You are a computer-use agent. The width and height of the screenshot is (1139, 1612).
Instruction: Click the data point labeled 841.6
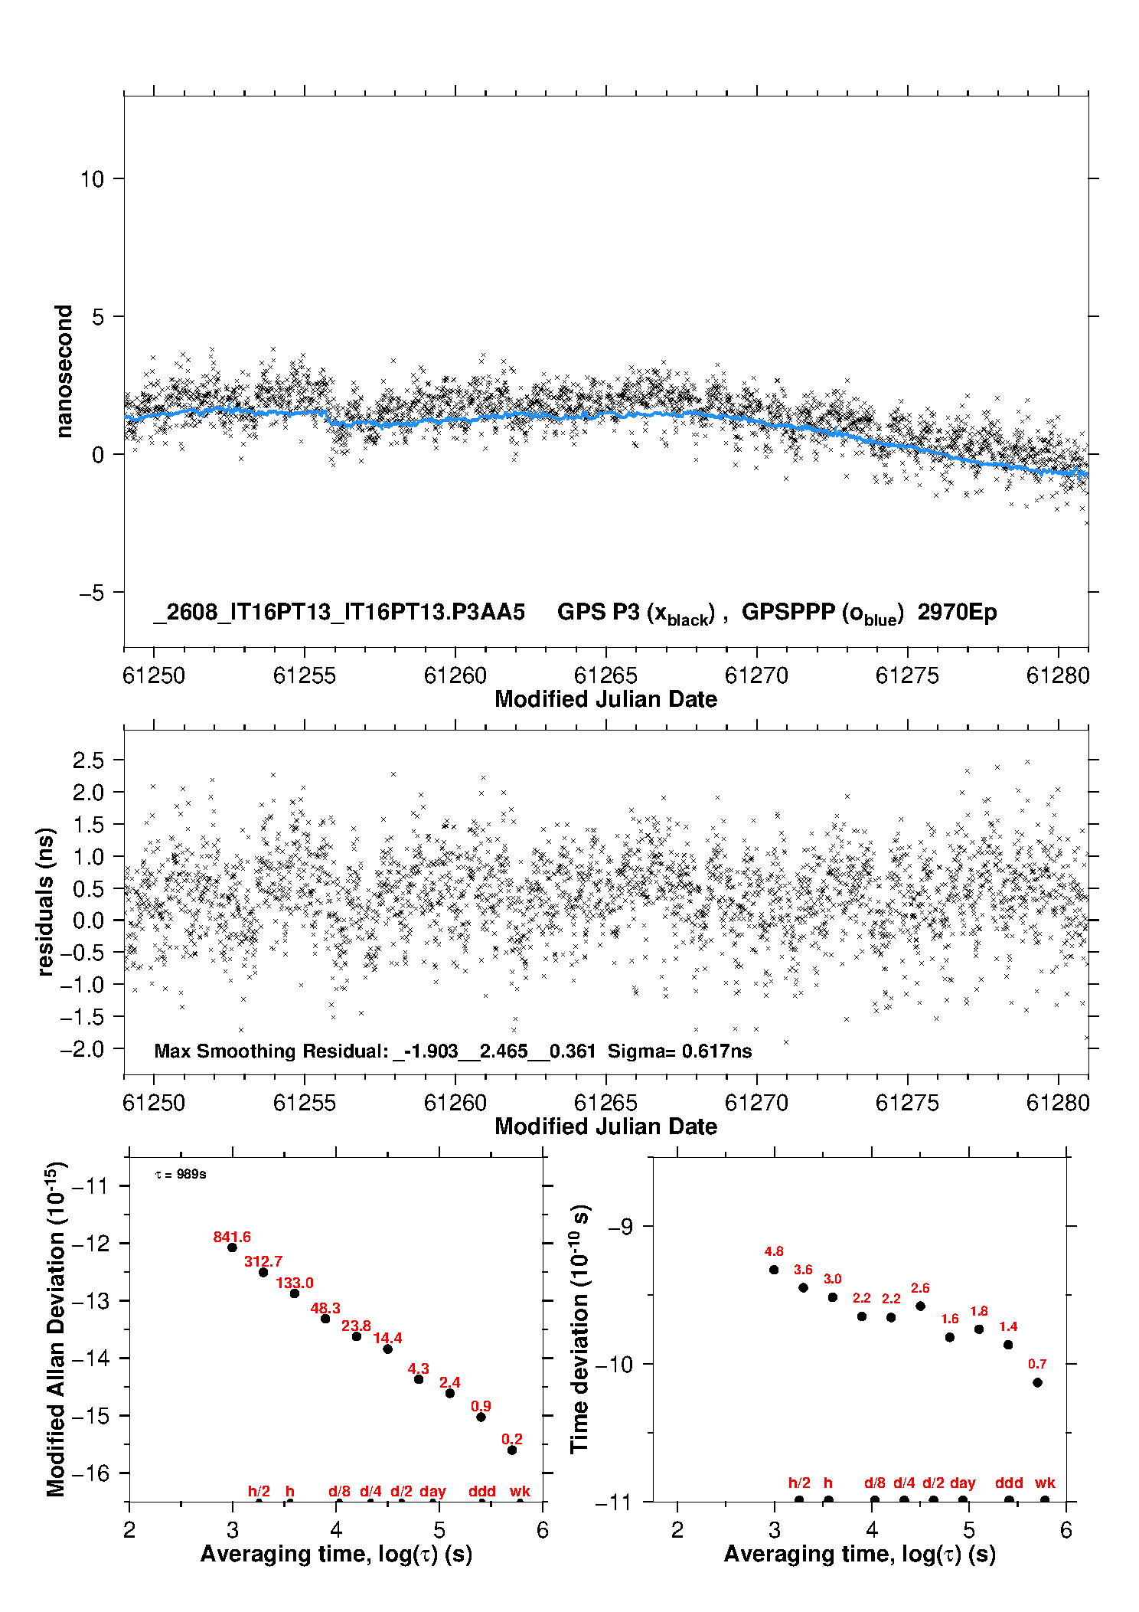[232, 1247]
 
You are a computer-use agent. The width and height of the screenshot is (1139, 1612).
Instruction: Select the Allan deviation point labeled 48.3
[325, 1319]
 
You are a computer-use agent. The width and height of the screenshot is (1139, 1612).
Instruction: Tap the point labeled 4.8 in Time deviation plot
[774, 1270]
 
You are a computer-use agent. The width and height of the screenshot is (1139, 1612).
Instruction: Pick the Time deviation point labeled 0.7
[1037, 1382]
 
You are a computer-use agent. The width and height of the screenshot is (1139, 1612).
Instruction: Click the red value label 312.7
[263, 1261]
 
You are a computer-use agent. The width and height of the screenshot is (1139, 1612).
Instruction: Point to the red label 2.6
[920, 1288]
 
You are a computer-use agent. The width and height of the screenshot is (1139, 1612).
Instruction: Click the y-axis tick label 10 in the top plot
[92, 179]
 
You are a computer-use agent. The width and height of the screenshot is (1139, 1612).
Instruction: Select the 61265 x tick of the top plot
[605, 675]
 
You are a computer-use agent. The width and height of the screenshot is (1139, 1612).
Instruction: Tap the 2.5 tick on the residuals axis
[88, 760]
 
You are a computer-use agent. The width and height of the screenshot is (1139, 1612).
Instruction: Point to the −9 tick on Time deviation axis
[620, 1227]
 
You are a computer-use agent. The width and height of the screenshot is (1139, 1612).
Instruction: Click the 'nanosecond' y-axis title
[64, 371]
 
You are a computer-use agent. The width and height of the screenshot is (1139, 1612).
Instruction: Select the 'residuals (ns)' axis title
[46, 901]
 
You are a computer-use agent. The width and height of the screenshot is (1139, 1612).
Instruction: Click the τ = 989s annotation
[181, 1175]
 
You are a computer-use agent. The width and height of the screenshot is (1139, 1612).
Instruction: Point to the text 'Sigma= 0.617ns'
[680, 1051]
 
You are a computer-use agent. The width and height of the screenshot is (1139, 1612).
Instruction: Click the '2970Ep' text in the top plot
[957, 613]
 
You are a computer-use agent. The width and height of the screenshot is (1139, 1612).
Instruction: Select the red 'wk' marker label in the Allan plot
[520, 1491]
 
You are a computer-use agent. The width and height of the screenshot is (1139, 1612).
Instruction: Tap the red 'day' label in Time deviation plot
[962, 1483]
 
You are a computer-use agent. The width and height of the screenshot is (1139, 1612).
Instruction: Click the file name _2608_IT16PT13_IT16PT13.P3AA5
[339, 613]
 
